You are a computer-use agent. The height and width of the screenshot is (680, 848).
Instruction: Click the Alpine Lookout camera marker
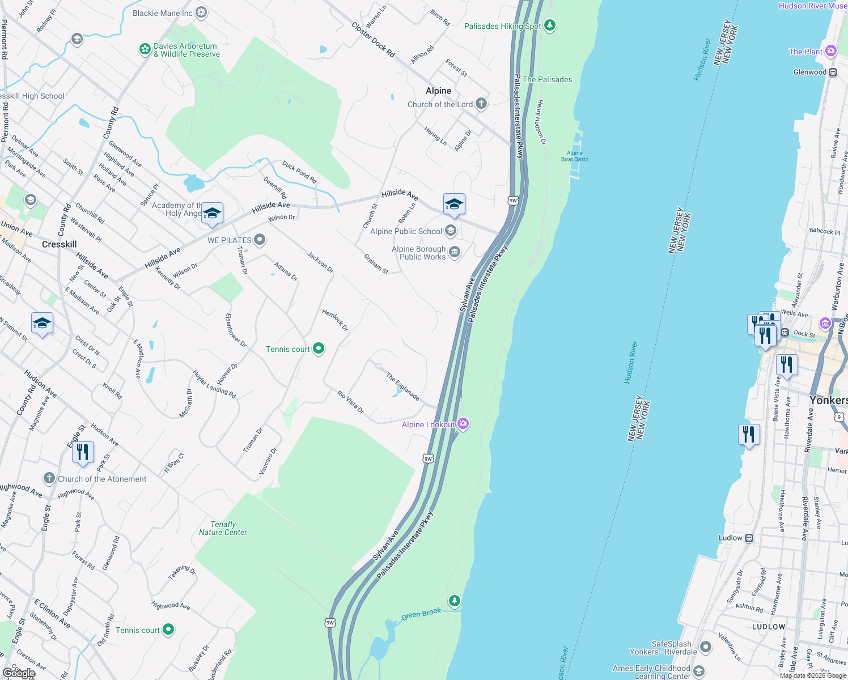point(463,424)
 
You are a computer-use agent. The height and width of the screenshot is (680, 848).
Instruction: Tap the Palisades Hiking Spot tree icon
point(549,25)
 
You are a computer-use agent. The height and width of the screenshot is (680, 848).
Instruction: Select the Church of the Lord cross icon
point(481,104)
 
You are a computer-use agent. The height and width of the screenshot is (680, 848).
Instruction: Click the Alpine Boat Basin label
point(574,156)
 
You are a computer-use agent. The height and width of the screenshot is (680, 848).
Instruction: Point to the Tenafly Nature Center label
point(223,528)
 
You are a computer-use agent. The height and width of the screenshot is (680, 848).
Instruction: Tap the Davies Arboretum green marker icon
point(145,49)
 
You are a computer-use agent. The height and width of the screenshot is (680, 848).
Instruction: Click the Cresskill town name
point(60,244)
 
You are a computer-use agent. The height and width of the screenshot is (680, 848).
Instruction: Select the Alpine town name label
point(438,91)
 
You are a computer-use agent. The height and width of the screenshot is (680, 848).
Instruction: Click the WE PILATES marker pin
point(260,240)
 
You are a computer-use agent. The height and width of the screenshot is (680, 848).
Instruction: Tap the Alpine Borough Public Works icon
point(454,252)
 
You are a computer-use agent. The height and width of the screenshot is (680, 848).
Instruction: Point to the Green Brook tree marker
point(454,601)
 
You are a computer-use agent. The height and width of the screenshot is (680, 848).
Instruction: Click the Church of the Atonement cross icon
point(49,479)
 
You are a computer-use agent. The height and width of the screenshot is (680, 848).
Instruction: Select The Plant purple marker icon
point(831,52)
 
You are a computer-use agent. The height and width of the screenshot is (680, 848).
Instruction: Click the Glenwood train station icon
point(833,72)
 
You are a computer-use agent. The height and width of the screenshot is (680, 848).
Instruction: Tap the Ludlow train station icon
point(749,538)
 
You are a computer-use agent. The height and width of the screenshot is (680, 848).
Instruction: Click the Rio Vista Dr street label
point(350,402)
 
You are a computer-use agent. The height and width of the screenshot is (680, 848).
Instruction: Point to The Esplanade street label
point(402,386)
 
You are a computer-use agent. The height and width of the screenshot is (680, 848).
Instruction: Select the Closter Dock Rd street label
point(372,40)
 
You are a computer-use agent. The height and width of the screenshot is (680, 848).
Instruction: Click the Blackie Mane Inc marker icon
point(201,12)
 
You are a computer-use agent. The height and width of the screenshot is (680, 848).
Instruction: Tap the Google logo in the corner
point(19,673)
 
